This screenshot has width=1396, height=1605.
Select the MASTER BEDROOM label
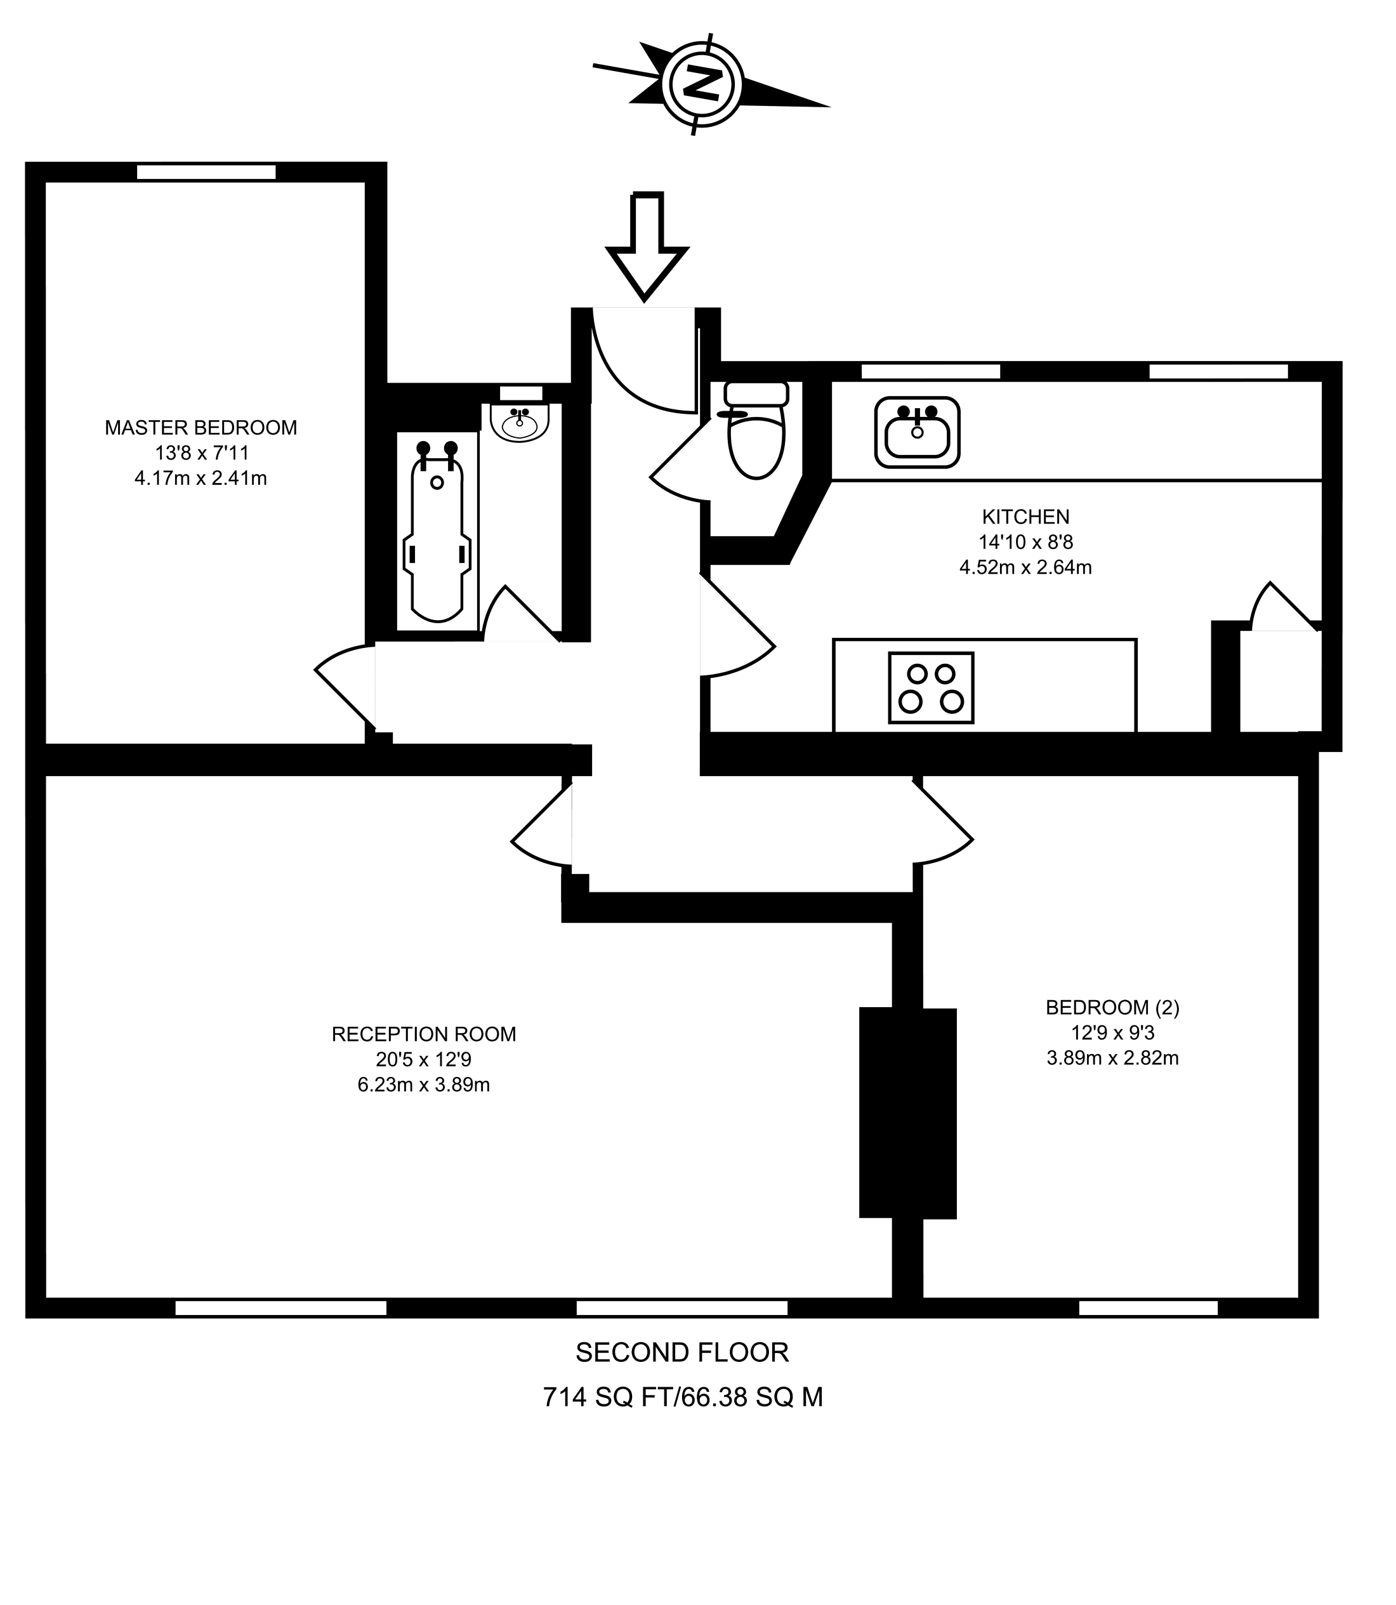pos(201,428)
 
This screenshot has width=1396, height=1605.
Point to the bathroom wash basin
pos(520,421)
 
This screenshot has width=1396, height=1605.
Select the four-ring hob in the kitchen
pos(931,687)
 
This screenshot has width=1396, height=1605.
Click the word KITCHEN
pos(1025,517)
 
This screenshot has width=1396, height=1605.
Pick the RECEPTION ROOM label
pos(424,1034)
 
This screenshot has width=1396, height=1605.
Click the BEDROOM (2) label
pos(1112,1007)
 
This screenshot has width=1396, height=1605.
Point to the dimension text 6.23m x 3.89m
pos(424,1085)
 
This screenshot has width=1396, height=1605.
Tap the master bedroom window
pos(206,172)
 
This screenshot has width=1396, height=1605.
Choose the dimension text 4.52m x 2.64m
pos(1025,567)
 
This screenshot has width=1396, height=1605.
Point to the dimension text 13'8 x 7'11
pos(201,452)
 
